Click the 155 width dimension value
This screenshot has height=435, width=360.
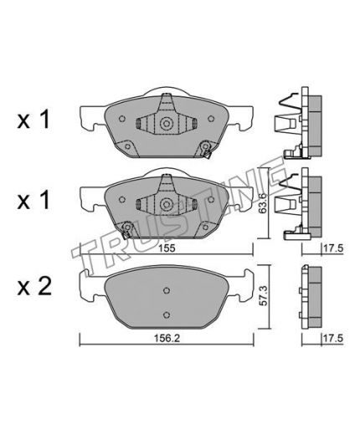[x=167, y=248]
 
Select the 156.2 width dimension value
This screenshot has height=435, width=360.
[x=167, y=338]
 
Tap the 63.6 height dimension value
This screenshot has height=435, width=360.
[x=263, y=203]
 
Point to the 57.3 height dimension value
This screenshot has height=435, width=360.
[x=263, y=294]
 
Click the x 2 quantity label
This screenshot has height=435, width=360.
[x=34, y=287]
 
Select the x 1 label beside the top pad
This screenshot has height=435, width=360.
[x=33, y=120]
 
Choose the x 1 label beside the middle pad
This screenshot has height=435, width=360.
[x=33, y=201]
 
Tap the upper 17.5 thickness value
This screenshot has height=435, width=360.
[x=332, y=248]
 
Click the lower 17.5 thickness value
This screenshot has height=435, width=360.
[x=332, y=338]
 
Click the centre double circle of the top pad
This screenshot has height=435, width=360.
[x=167, y=123]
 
